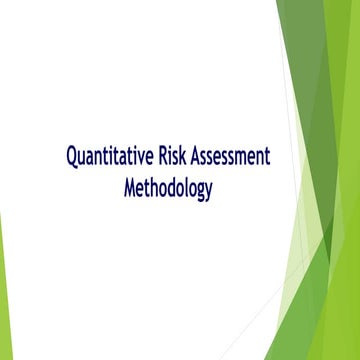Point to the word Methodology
pos(168,187)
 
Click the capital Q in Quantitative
pos(72,157)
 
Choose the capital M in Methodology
pos(130,187)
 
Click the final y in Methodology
pos(208,190)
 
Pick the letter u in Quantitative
pos(83,159)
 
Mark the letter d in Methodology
pos(169,187)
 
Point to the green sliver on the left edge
pos(2,280)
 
